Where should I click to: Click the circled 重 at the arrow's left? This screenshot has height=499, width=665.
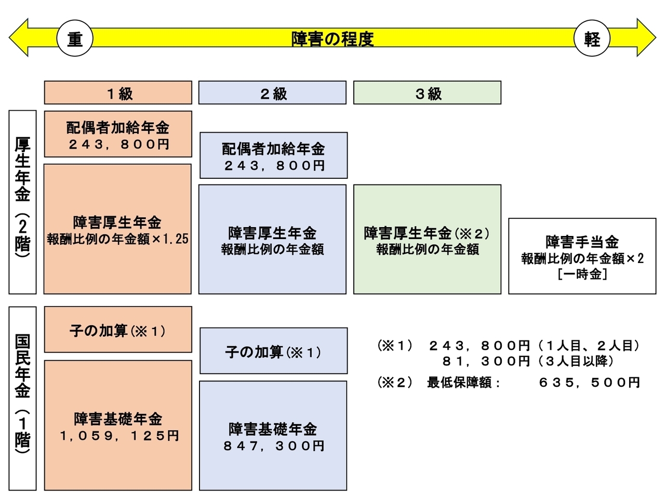(x=75, y=38)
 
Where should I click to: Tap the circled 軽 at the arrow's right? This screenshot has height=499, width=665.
(x=591, y=38)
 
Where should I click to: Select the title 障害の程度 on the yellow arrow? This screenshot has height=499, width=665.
(x=332, y=39)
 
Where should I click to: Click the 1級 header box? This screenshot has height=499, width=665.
(x=118, y=93)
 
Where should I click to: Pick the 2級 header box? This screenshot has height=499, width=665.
(x=272, y=93)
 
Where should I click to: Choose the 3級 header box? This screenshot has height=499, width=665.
(x=427, y=93)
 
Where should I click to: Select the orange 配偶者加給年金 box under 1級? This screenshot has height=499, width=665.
(x=118, y=134)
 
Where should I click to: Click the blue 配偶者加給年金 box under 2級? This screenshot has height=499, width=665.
(x=273, y=155)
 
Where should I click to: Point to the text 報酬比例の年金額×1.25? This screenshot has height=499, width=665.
(x=118, y=239)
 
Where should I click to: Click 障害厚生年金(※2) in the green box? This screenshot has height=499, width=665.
(x=427, y=233)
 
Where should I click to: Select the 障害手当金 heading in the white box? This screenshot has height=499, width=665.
(x=582, y=242)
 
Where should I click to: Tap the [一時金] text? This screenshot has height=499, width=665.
(x=582, y=274)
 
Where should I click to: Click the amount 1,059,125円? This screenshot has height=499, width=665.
(x=119, y=436)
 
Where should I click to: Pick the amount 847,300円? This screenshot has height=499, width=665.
(x=274, y=446)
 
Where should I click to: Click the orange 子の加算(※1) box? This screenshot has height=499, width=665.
(x=118, y=330)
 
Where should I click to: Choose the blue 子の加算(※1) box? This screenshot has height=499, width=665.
(x=273, y=352)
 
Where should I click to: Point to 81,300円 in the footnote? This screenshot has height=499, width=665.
(x=485, y=361)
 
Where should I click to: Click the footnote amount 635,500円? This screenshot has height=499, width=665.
(x=589, y=383)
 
